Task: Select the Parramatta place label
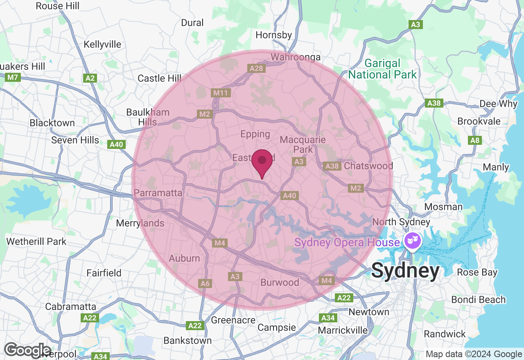pos(158,193)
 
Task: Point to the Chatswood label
pos(368,166)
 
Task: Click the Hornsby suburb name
pos(274,35)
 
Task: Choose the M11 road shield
pos(221,93)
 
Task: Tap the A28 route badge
pos(257,68)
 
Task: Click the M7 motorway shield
pos(13,77)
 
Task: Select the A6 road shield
pos(205,283)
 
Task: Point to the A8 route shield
pos(475,140)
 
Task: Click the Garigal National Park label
pos(382,69)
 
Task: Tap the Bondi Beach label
pos(479,299)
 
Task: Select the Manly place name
pos(496,167)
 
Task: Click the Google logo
pos(27,350)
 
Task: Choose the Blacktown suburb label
pos(52,123)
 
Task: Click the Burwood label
pos(280,282)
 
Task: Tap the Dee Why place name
pos(498,103)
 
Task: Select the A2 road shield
pos(90,78)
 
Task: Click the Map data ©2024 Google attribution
pos(474,354)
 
